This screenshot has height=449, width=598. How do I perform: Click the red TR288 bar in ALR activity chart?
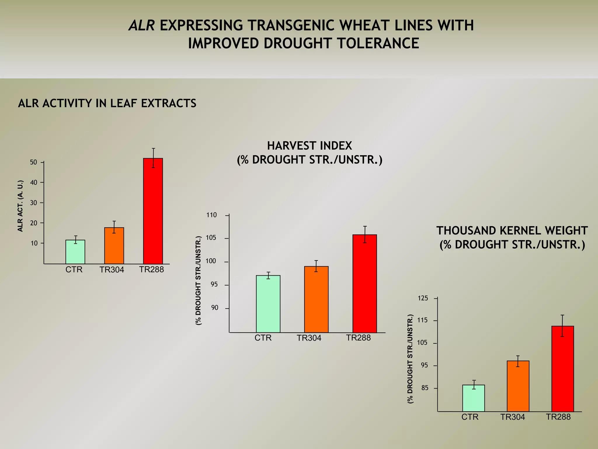pyautogui.click(x=153, y=211)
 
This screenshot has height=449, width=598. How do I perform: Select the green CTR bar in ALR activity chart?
pyautogui.click(x=75, y=252)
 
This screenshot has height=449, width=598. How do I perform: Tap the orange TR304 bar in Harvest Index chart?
pyautogui.click(x=316, y=299)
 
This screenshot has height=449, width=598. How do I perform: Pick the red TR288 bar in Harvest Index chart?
pyautogui.click(x=364, y=284)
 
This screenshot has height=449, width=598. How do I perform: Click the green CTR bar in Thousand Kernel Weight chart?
pyautogui.click(x=473, y=398)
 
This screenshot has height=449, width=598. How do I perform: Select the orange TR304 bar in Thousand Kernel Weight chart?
pyautogui.click(x=518, y=386)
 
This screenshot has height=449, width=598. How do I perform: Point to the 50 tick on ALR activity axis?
pyautogui.click(x=34, y=162)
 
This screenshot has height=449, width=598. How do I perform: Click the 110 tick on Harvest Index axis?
pyautogui.click(x=212, y=215)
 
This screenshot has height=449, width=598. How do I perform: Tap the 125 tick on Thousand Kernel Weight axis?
pyautogui.click(x=423, y=298)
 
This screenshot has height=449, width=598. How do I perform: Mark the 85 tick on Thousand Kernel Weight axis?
pyautogui.click(x=425, y=388)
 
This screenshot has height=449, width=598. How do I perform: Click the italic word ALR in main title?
pyautogui.click(x=142, y=25)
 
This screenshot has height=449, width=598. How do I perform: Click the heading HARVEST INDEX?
pyautogui.click(x=310, y=146)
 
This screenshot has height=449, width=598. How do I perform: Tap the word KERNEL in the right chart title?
pyautogui.click(x=518, y=231)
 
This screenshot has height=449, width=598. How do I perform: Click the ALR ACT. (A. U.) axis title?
pyautogui.click(x=20, y=206)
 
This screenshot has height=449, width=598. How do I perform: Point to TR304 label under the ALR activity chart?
pyautogui.click(x=112, y=270)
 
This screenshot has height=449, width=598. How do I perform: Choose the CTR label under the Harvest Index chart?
pyautogui.click(x=263, y=338)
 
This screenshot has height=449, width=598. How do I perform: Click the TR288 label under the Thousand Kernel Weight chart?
pyautogui.click(x=558, y=417)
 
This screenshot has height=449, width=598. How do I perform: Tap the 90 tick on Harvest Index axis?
pyautogui.click(x=215, y=308)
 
